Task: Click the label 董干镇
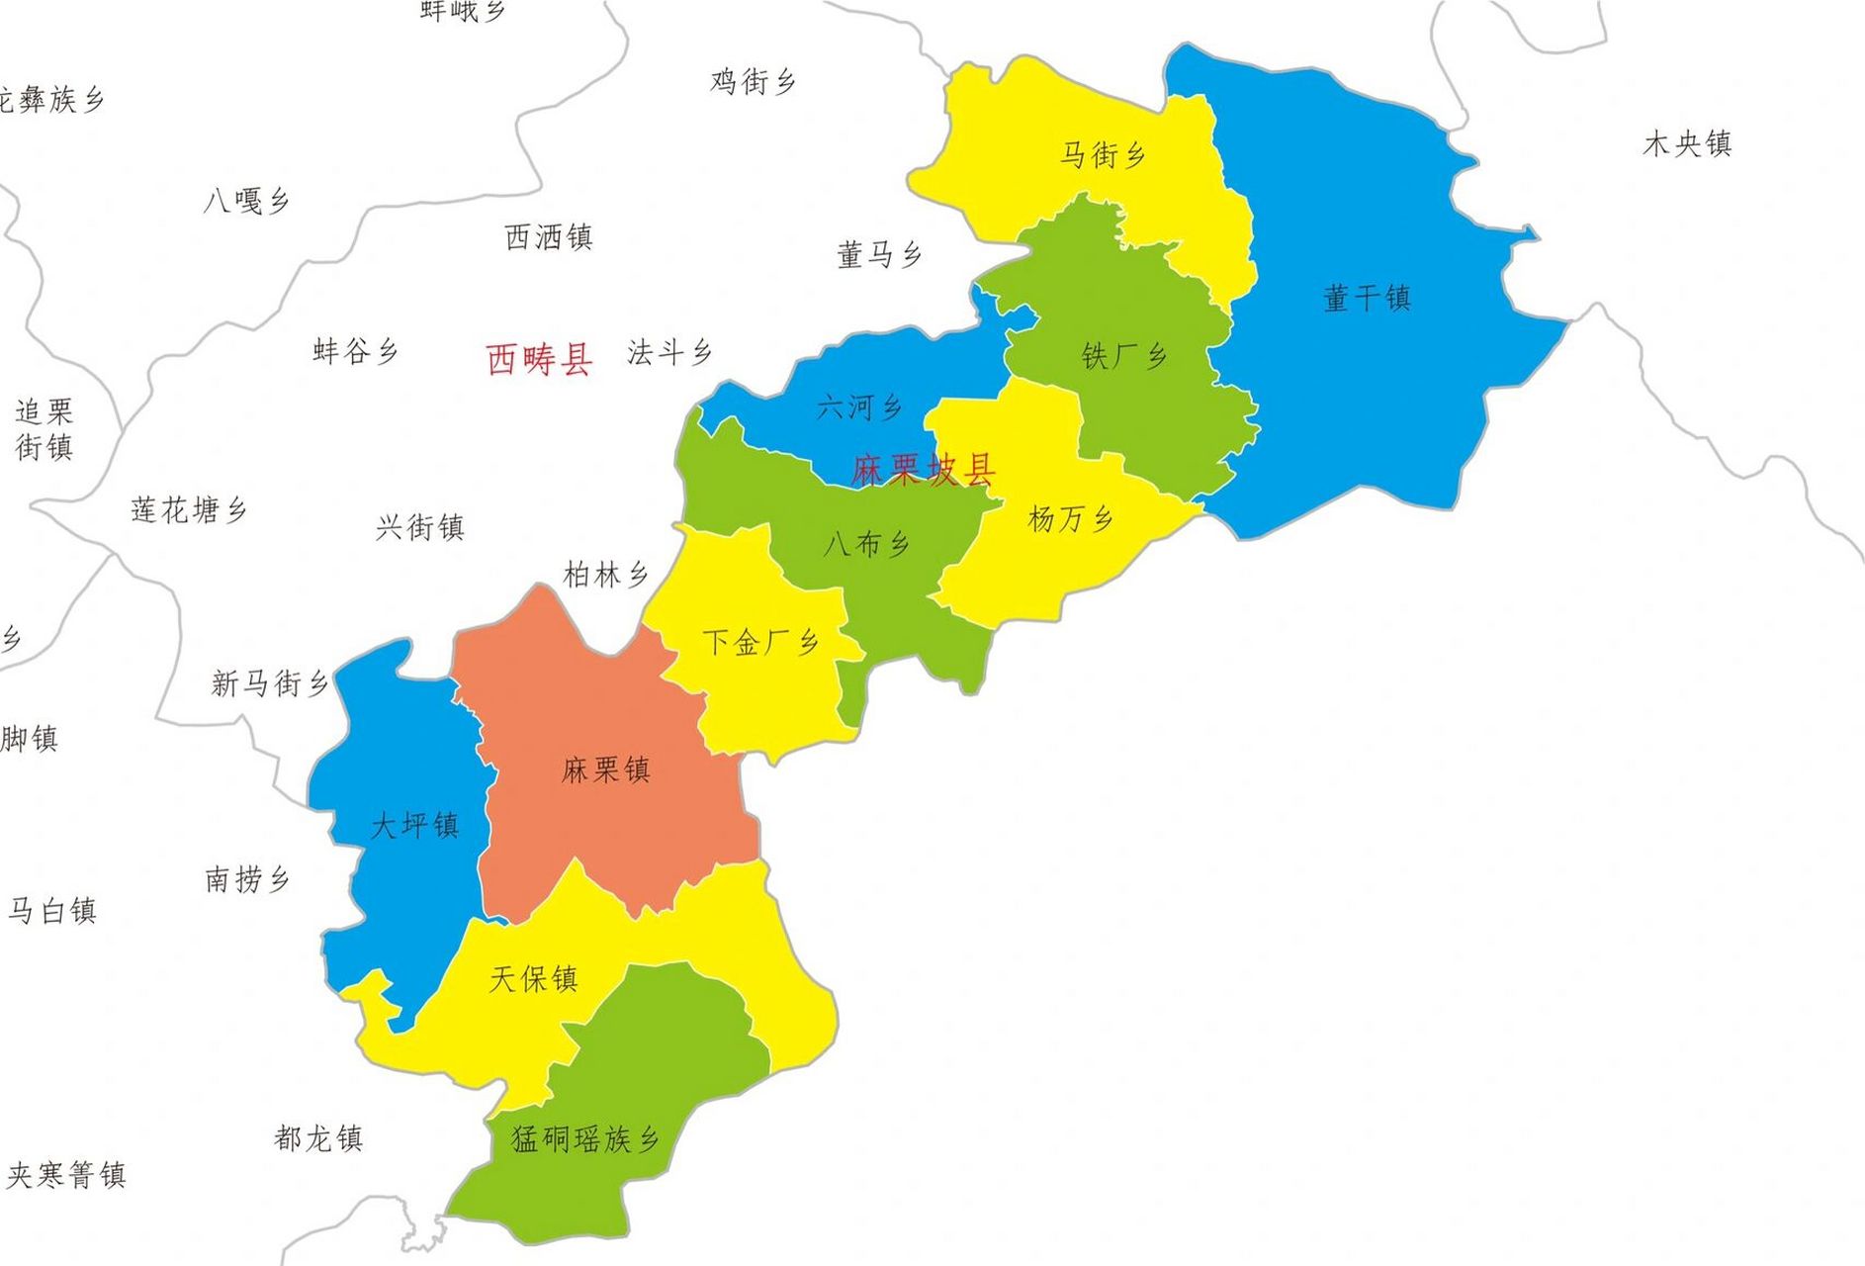1367,298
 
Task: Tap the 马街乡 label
1103,154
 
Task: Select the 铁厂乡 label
1124,356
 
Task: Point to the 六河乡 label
859,407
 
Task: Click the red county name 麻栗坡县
923,469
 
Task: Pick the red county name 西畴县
539,358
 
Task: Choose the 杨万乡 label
1071,518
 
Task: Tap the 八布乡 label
866,543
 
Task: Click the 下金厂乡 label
760,643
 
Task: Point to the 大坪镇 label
414,825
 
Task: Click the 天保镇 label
533,979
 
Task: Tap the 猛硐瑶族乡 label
584,1139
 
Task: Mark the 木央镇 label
1687,144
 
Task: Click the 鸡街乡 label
753,81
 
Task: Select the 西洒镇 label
548,237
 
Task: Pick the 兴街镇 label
419,527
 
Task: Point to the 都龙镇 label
318,1138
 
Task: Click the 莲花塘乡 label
189,510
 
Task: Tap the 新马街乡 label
269,682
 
